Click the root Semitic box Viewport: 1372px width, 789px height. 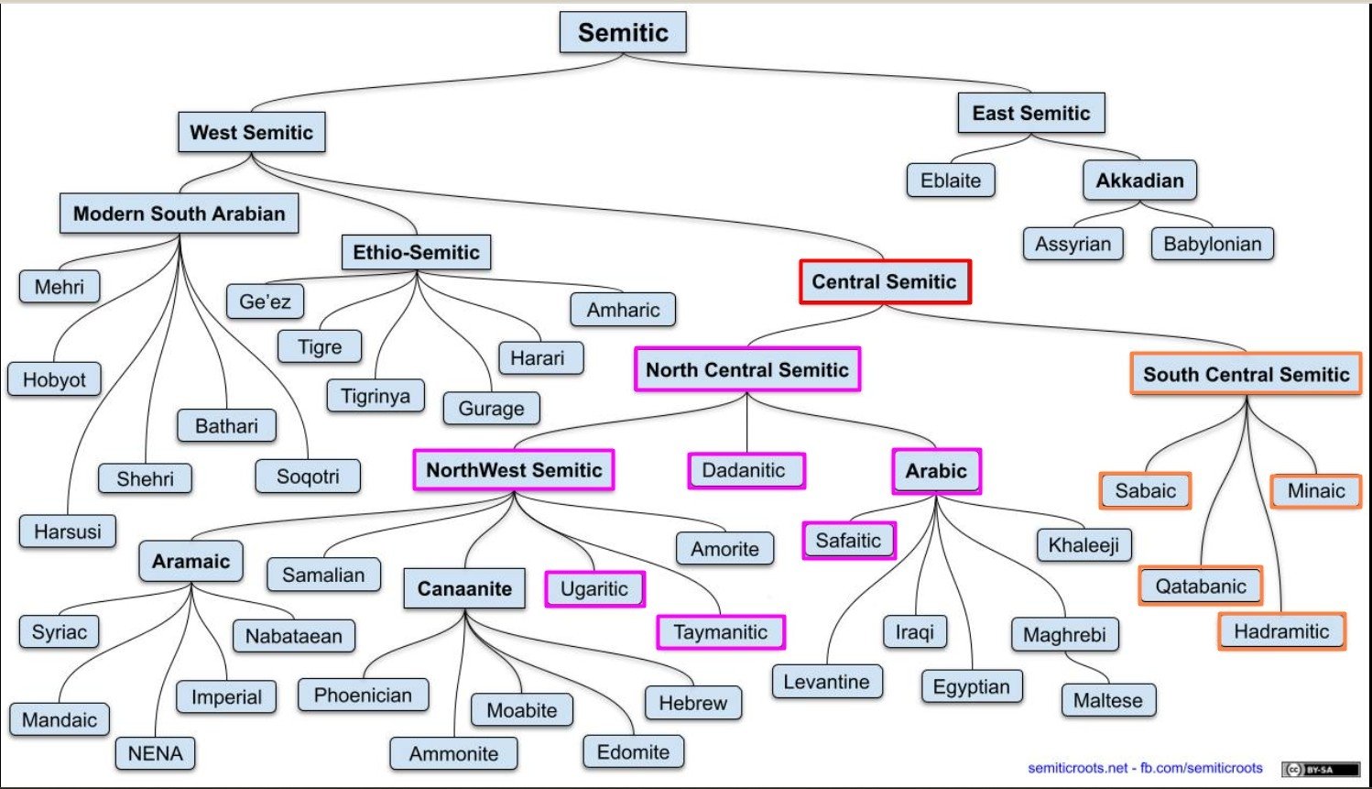tap(623, 33)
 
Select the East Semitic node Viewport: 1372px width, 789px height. tap(1031, 114)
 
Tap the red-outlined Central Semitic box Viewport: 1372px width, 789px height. tap(884, 282)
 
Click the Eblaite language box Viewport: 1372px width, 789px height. tap(951, 181)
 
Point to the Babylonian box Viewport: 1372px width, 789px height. tap(1212, 244)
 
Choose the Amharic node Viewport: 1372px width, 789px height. tap(623, 310)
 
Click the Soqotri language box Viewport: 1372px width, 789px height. tap(308, 477)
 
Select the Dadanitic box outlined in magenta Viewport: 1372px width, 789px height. tap(746, 471)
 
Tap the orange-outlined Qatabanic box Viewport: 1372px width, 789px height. tap(1200, 586)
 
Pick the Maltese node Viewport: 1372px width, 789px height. tap(1108, 701)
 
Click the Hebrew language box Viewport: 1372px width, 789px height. tap(692, 703)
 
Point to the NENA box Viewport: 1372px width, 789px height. tap(155, 753)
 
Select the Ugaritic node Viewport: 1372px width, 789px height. tap(594, 588)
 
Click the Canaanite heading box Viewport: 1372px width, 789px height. tap(464, 588)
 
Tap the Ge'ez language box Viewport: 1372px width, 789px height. tap(265, 301)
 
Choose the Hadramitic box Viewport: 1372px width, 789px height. tap(1280, 631)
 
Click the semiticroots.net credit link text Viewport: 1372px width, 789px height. tap(1077, 768)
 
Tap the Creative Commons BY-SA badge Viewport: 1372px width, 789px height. tap(1320, 770)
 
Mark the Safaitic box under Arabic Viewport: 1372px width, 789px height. tap(848, 541)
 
